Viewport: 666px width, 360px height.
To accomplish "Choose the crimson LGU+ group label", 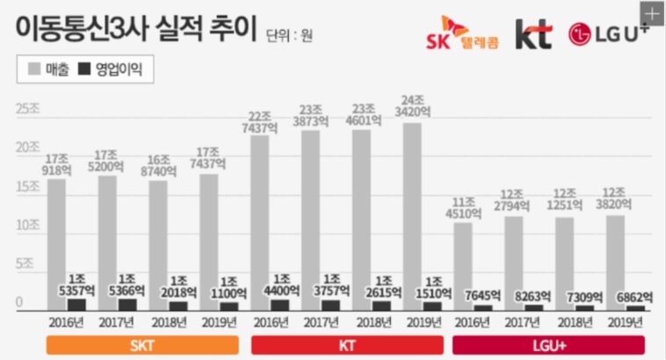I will (548, 344).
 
